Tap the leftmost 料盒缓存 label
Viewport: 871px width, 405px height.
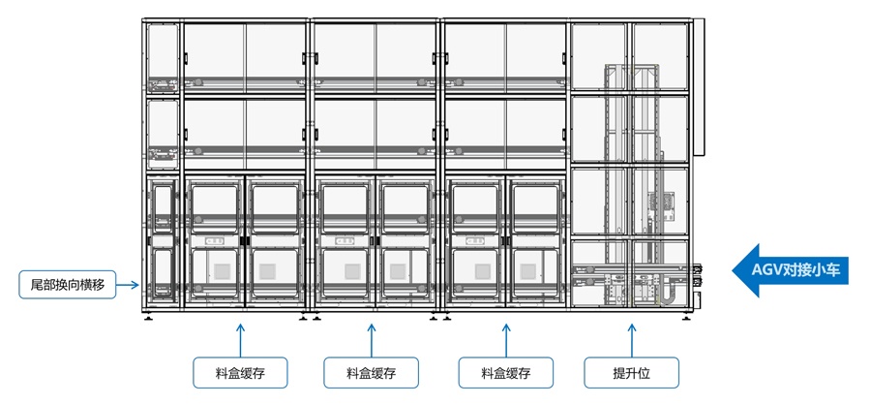tap(240, 373)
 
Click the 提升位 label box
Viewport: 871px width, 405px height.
tap(631, 373)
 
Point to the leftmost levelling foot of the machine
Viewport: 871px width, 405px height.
tap(147, 317)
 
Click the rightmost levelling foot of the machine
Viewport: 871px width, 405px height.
tap(688, 317)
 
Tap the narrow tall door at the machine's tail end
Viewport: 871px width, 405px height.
tap(162, 242)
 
